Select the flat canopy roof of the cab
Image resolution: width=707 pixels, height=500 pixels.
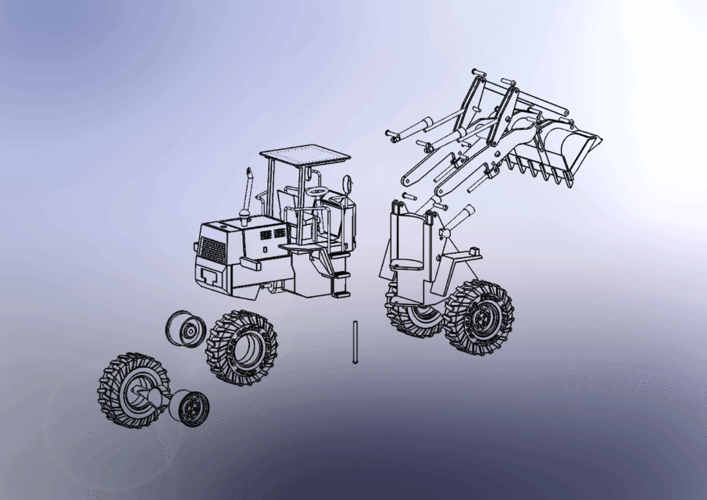[x=305, y=154]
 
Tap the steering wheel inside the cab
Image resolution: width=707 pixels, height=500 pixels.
[x=317, y=191]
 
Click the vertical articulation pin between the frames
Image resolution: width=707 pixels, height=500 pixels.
[x=354, y=342]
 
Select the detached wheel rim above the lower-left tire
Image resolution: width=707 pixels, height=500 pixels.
[x=185, y=328]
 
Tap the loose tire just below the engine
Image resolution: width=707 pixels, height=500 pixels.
[x=242, y=348]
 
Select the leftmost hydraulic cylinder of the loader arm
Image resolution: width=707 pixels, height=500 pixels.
[x=411, y=129]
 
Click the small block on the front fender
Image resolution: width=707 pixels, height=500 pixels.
[x=473, y=249]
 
